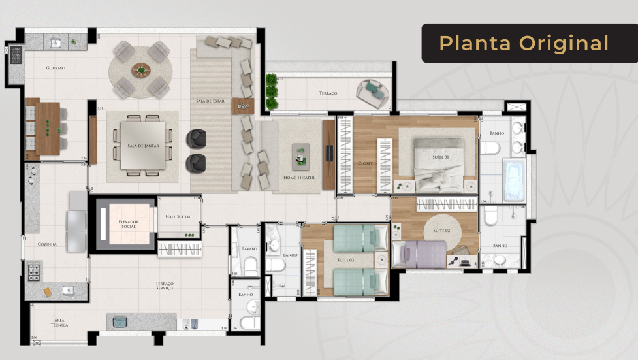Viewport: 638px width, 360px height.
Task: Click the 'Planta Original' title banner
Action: pos(524,43)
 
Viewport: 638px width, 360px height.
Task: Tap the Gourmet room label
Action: pos(56,68)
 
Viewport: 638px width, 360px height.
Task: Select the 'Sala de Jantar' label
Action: pos(142,145)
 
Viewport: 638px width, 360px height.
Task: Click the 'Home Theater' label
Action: pos(298,177)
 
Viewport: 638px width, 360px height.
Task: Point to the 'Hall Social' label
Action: pos(178,216)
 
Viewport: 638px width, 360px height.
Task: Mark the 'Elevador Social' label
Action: pos(128,224)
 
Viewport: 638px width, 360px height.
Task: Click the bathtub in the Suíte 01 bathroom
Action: pos(514,180)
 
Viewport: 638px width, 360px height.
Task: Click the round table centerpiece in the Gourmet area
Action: pos(140,69)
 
